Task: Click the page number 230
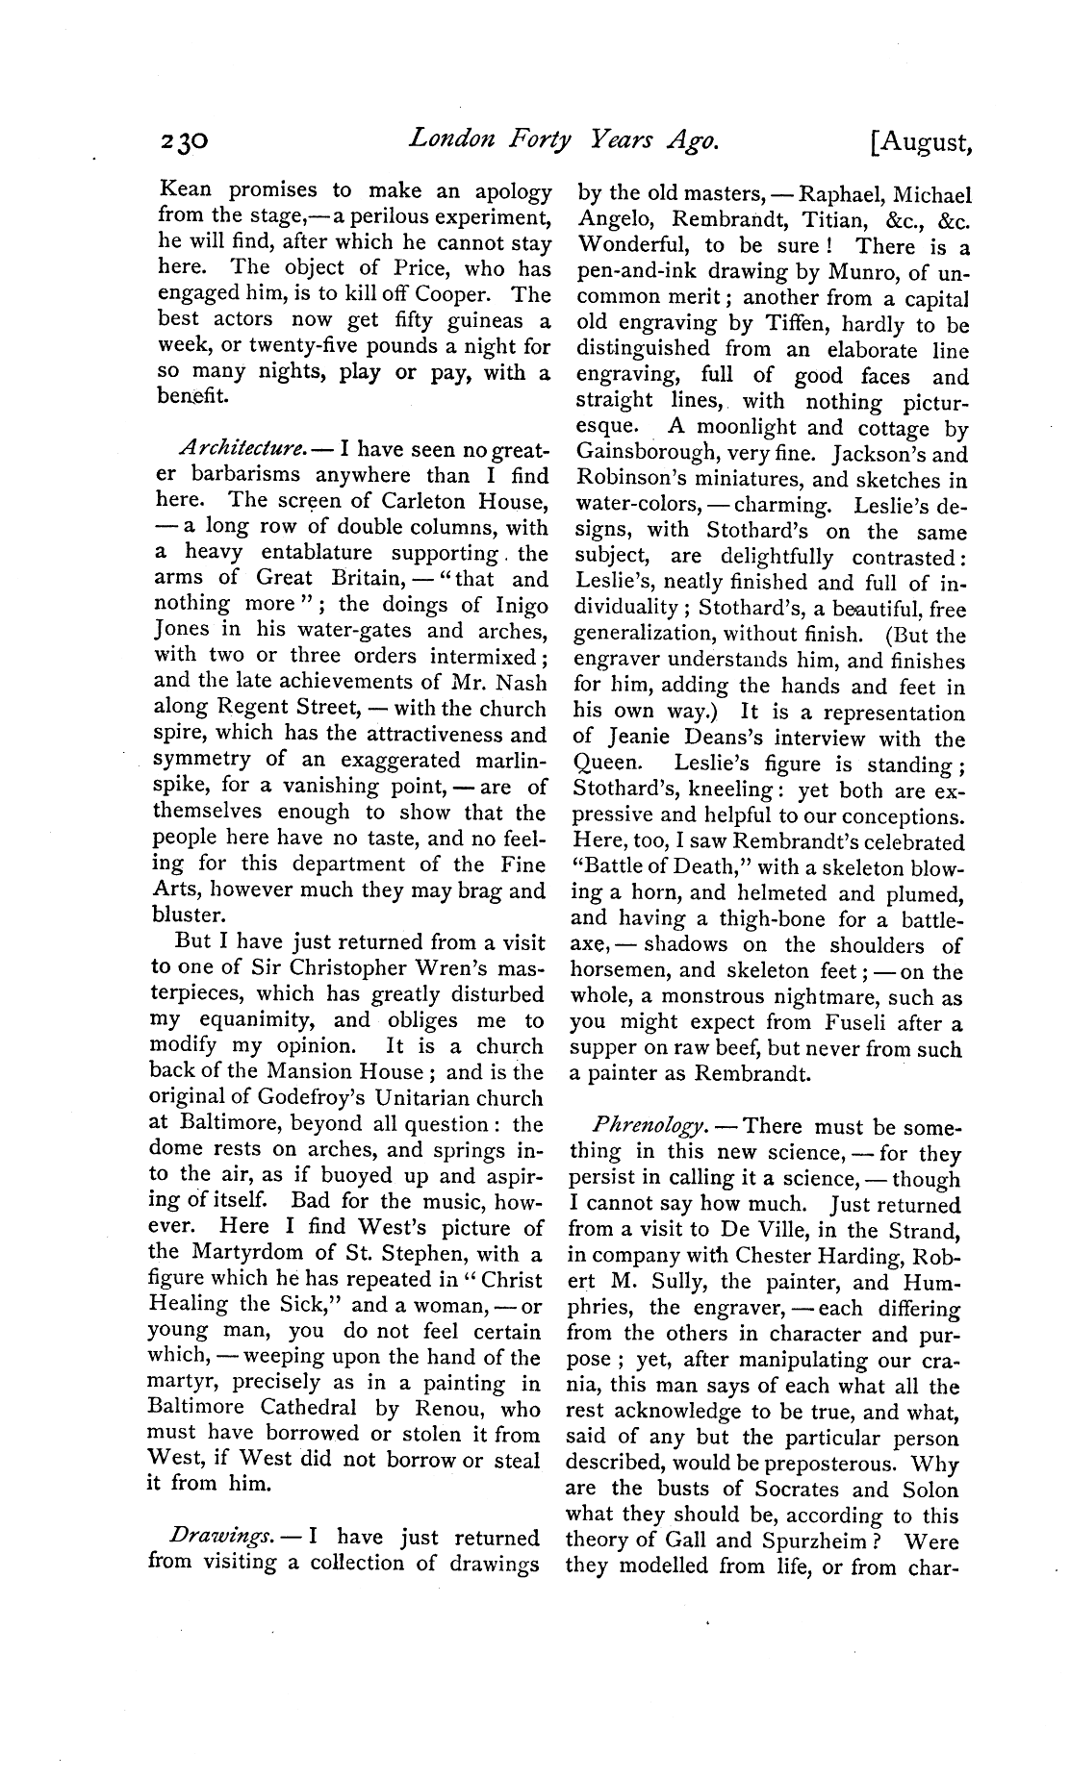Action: pos(187,143)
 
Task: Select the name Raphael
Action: pos(816,193)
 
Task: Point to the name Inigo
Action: pos(521,605)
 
